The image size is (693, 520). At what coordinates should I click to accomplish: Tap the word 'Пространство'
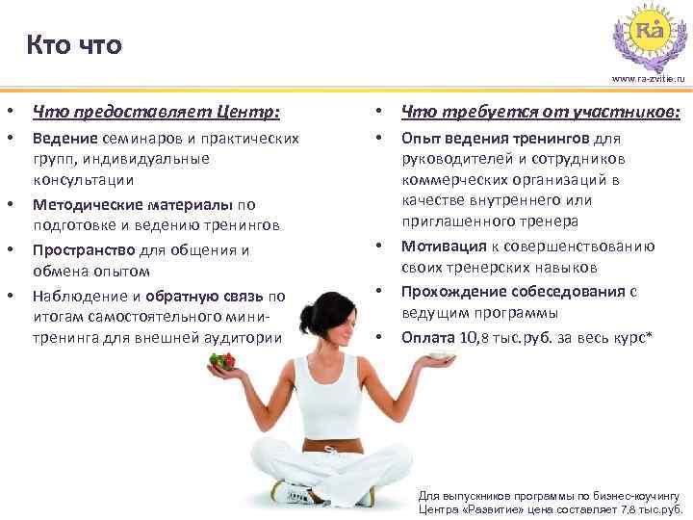coord(86,250)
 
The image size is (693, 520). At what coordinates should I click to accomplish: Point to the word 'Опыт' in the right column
coord(421,139)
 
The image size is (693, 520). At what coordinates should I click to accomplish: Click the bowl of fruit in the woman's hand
coord(222,363)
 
